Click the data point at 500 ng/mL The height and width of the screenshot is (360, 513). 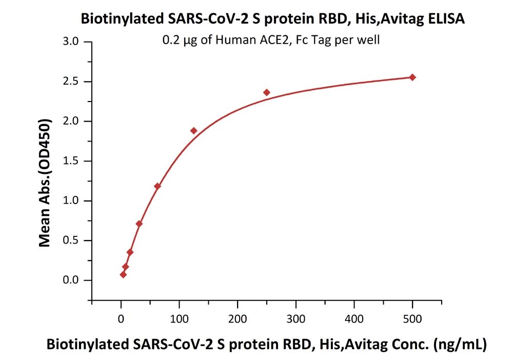[x=412, y=77]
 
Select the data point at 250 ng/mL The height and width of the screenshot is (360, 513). [x=267, y=92]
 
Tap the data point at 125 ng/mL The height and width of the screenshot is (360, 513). [x=194, y=131]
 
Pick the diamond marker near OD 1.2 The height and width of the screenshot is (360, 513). [x=157, y=186]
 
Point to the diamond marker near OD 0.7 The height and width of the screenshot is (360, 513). [x=139, y=224]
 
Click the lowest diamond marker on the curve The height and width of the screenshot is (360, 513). [x=123, y=275]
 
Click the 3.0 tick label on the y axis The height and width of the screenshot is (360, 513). [x=71, y=42]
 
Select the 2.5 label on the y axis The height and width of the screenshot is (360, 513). [x=71, y=81]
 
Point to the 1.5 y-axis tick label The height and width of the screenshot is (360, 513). [x=71, y=161]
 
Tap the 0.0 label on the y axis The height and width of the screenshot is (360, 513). [x=71, y=280]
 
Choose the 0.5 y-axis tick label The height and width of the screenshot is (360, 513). [x=71, y=241]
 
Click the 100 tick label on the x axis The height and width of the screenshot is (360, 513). [x=179, y=319]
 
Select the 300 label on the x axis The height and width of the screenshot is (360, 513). [x=296, y=319]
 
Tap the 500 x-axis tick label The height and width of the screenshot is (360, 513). [x=412, y=319]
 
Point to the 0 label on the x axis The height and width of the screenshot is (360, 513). [x=121, y=319]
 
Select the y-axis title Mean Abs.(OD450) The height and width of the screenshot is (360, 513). [x=45, y=183]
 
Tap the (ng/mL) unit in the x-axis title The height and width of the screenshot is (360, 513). [x=460, y=345]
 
